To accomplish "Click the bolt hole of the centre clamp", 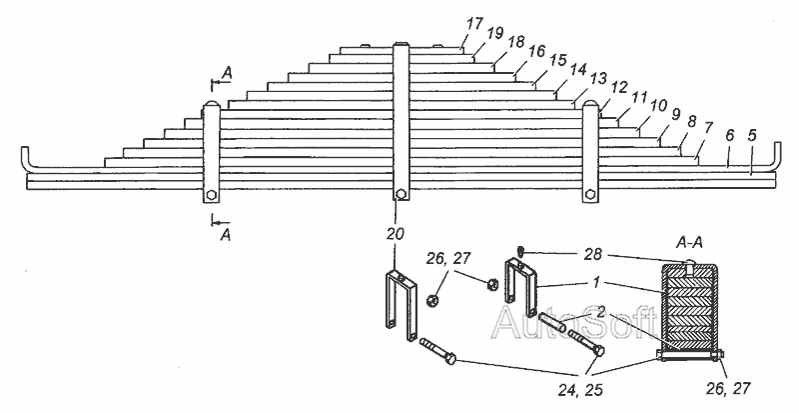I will (x=399, y=194).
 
